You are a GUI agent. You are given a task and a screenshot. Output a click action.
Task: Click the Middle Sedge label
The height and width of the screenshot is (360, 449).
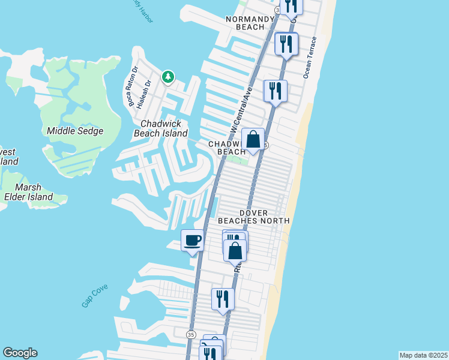(75, 131)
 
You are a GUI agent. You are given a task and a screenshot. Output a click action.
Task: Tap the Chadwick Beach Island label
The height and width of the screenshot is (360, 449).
(163, 128)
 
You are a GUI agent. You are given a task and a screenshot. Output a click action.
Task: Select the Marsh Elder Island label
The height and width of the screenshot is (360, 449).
(28, 191)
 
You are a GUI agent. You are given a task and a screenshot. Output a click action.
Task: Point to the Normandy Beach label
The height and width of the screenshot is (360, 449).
(246, 23)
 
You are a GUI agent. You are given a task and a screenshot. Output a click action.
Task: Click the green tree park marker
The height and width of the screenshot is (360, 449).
(169, 77)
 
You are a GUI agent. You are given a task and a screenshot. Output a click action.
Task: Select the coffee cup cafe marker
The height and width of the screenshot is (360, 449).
(193, 241)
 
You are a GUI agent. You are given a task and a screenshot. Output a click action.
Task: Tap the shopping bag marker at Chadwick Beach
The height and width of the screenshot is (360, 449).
(253, 140)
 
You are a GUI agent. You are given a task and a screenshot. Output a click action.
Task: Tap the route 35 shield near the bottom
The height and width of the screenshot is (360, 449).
(191, 334)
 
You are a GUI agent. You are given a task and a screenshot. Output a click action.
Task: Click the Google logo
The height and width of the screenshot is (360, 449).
(20, 353)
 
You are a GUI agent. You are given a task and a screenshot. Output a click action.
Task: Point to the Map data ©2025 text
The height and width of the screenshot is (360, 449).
(423, 355)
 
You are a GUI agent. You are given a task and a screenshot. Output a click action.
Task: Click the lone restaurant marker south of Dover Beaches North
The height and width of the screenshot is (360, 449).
(223, 299)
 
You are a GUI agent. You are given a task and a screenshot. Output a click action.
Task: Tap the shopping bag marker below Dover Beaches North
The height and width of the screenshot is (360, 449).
(235, 250)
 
